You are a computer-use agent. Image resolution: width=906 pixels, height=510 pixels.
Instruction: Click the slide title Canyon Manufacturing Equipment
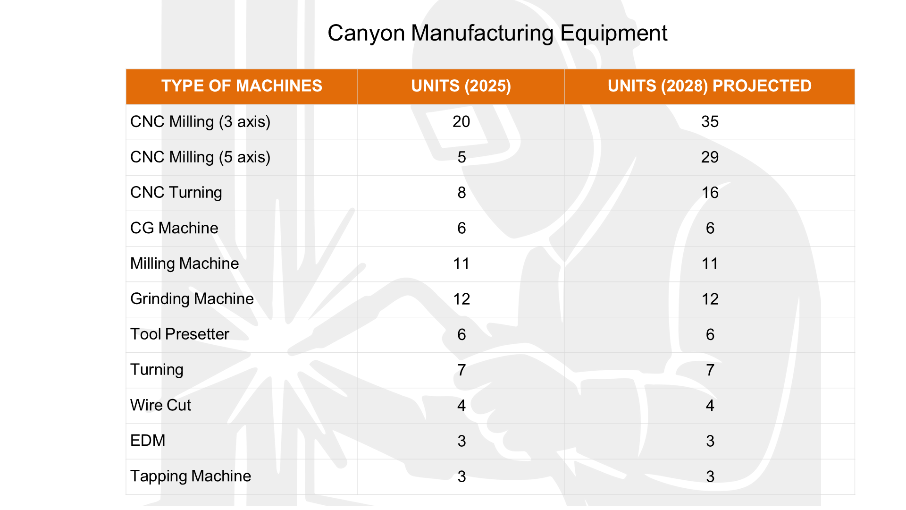pos(497,33)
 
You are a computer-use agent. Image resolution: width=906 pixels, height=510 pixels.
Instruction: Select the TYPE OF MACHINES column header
pos(242,86)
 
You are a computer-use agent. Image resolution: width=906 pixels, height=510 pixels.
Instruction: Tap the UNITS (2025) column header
pos(461,86)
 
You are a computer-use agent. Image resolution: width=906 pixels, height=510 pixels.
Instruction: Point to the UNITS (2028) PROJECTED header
pos(709,86)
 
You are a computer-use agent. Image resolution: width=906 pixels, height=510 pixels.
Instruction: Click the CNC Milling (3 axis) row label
pos(200,122)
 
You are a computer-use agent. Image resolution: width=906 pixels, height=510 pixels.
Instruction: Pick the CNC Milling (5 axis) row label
pos(200,157)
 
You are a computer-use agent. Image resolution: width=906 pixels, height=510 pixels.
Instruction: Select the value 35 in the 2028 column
pos(710,122)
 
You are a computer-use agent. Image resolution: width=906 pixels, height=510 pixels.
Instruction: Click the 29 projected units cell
pos(710,157)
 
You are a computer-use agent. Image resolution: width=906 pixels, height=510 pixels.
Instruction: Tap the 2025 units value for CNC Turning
pos(461,193)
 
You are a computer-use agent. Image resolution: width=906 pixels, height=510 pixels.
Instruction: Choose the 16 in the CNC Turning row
pos(710,193)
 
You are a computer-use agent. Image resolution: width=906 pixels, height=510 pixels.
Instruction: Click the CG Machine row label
pos(174,228)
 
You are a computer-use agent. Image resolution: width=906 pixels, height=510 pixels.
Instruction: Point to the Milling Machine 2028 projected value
pos(710,263)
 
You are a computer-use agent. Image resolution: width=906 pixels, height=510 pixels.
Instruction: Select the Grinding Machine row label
pos(192,299)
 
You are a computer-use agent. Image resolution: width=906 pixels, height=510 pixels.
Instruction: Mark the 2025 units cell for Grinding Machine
pos(461,299)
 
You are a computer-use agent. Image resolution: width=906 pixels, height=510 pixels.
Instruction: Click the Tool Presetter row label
pos(179,334)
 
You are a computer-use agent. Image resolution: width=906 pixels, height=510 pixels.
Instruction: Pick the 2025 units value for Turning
pos(461,370)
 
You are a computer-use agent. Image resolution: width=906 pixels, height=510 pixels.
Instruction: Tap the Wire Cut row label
pos(160,405)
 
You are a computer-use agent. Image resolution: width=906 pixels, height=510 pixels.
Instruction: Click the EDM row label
pos(148,441)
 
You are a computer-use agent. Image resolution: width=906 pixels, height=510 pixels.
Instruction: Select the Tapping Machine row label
pos(190,476)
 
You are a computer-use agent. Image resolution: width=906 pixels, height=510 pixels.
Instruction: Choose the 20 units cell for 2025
pos(461,122)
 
